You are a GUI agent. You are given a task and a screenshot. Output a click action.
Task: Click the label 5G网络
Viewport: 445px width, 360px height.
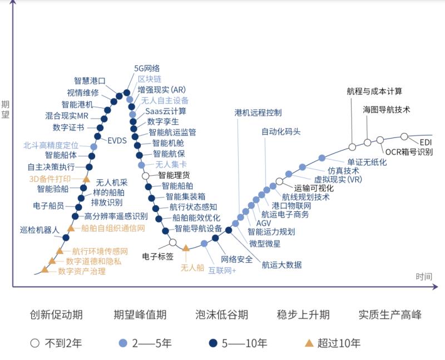[147, 68]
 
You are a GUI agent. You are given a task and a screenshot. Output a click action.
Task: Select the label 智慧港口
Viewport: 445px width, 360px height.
[90, 81]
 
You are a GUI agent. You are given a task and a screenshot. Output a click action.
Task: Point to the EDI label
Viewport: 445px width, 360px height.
[426, 142]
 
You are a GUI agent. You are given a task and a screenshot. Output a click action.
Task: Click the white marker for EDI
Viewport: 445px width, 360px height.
[404, 136]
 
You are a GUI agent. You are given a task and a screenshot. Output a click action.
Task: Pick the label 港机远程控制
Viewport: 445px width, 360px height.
[258, 112]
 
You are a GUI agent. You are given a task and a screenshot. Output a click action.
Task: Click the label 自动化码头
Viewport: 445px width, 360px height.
[281, 132]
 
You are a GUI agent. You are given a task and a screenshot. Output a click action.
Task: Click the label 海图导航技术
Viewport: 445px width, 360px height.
[387, 110]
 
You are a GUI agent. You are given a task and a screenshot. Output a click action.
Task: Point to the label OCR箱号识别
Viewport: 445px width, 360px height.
[409, 151]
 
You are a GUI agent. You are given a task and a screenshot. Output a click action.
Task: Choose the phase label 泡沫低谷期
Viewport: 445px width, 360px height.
[221, 315]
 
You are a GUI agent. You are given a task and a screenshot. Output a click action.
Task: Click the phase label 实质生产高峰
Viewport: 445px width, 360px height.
[389, 315]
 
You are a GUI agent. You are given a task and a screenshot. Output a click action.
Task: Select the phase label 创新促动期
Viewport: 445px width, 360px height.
[56, 315]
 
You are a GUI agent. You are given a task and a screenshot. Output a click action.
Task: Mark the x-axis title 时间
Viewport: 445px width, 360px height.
[423, 277]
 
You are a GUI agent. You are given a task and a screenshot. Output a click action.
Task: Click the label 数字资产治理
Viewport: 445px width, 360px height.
[82, 272]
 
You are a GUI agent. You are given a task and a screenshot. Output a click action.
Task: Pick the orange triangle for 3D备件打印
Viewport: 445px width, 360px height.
[86, 179]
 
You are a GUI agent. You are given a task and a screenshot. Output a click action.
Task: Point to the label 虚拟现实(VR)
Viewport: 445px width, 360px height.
[338, 179]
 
